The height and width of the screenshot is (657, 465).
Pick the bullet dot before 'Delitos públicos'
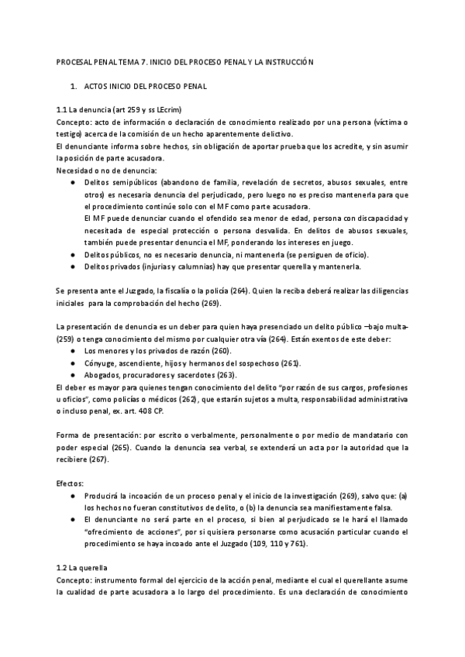click(x=72, y=255)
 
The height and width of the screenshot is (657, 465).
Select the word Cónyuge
click(x=103, y=363)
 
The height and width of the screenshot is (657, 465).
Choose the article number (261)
click(x=291, y=363)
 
